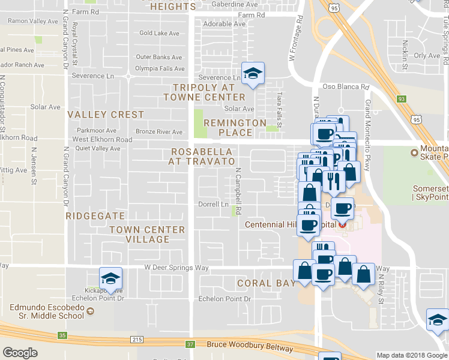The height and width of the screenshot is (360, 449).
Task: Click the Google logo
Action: pos(20,353)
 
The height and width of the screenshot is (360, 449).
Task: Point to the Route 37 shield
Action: pos(190,344)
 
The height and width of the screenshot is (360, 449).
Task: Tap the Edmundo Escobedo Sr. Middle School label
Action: pos(47,311)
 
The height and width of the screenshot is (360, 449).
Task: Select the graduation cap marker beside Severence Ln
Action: pos(253,74)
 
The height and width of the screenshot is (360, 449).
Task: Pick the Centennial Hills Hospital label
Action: pos(291,225)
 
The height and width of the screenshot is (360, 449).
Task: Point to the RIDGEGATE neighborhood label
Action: pos(95,215)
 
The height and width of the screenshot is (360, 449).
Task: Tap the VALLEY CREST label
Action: pos(106,114)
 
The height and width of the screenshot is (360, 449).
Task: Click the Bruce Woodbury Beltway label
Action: pos(250,347)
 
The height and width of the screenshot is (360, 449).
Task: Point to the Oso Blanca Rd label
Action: pos(345,86)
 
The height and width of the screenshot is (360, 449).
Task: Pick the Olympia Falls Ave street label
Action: pos(159,68)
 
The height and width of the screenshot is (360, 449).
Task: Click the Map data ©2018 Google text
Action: pos(412,355)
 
